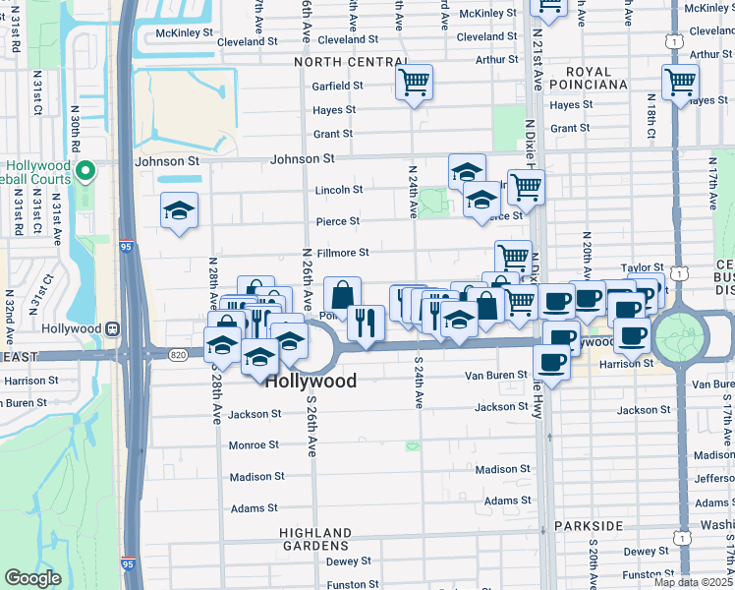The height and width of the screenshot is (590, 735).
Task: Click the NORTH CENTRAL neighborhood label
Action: point(351,62)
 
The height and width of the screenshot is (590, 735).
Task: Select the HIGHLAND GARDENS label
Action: point(314,539)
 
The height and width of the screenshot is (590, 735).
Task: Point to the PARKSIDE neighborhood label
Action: point(587,526)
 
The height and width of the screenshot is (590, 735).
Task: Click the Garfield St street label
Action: point(338,86)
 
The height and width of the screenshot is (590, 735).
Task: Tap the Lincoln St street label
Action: point(338,190)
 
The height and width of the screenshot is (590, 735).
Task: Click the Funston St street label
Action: point(346,585)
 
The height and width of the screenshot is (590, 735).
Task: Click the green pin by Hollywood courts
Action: point(85,172)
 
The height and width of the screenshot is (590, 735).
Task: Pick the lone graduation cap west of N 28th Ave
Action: point(180,210)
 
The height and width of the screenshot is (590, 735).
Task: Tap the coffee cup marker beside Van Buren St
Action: point(551,363)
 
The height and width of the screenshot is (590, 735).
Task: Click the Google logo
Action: point(32,578)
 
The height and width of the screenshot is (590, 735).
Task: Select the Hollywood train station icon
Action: point(113,328)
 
